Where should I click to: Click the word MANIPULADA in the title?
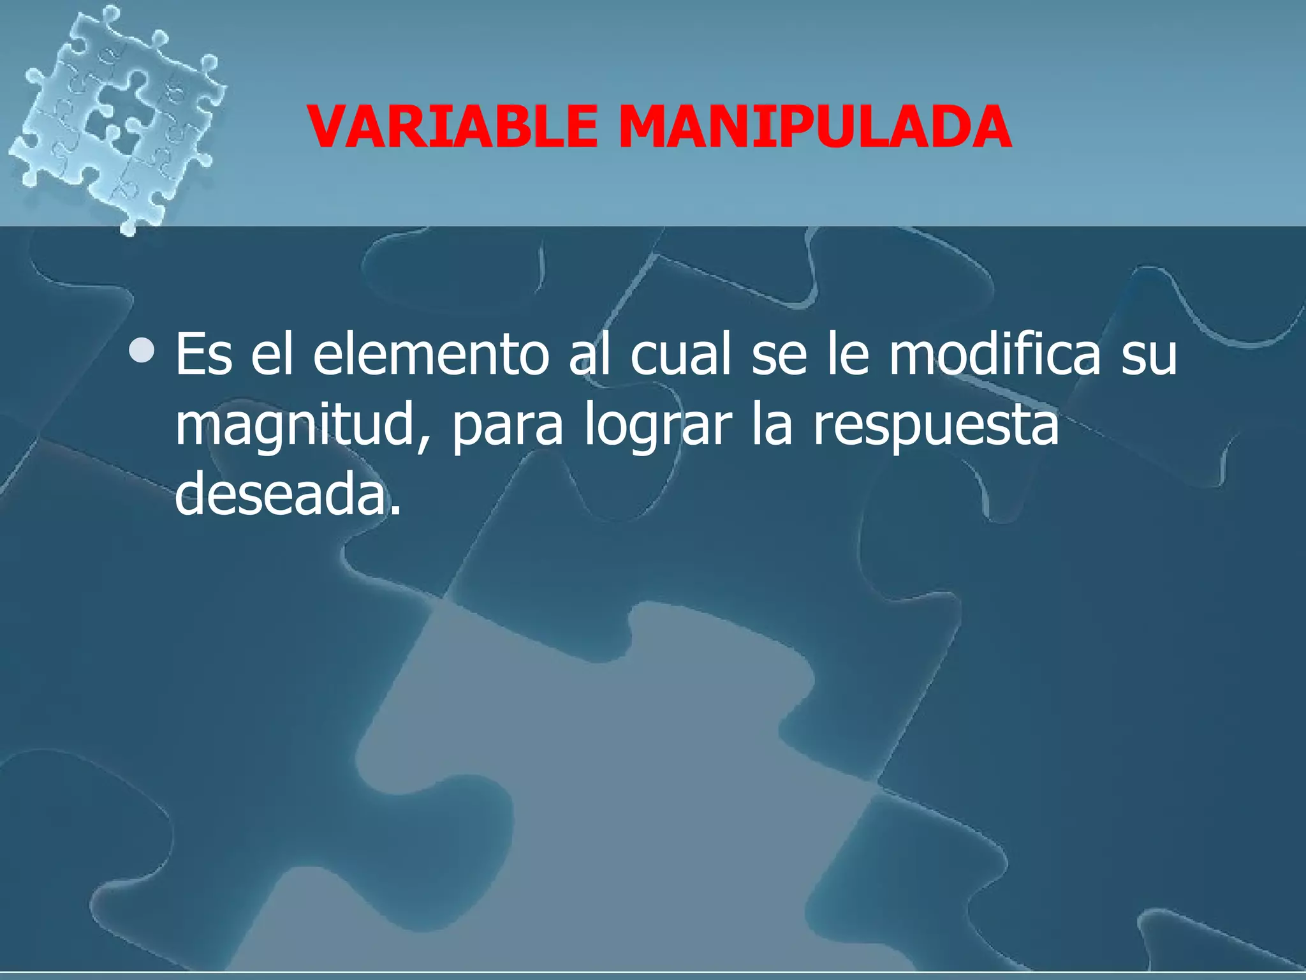(x=814, y=127)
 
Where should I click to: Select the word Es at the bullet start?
(x=203, y=355)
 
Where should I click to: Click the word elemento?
(x=431, y=355)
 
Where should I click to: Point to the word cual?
(x=680, y=355)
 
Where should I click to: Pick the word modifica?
(x=994, y=355)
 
